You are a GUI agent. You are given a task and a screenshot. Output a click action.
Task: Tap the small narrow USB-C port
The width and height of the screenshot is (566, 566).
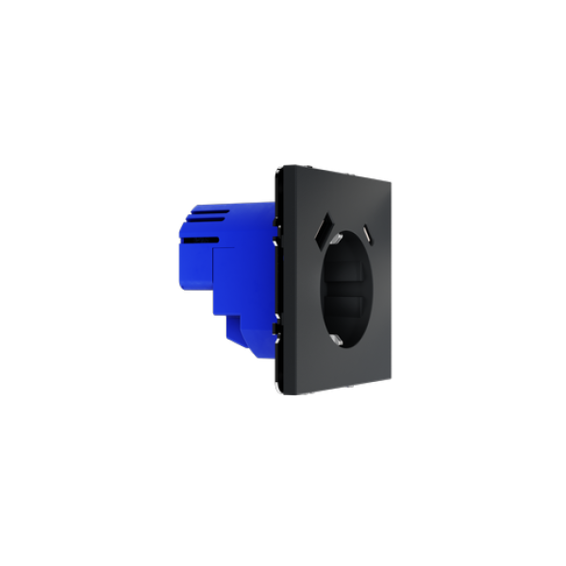point(364,230)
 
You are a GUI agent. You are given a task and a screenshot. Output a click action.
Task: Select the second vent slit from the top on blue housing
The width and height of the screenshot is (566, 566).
point(203,221)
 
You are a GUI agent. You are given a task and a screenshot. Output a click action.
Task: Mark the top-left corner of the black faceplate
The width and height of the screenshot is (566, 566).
point(278,166)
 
